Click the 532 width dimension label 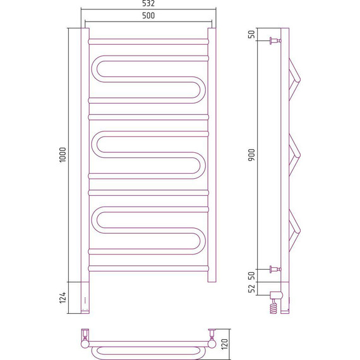pyautogui.click(x=148, y=3)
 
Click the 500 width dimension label pyautogui.click(x=148, y=16)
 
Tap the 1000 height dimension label pyautogui.click(x=63, y=155)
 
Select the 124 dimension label pyautogui.click(x=63, y=297)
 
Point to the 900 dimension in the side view pyautogui.click(x=252, y=155)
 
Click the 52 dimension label pyautogui.click(x=252, y=289)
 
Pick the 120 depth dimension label pyautogui.click(x=224, y=344)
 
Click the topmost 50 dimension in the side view pyautogui.click(x=252, y=34)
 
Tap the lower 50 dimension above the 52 pyautogui.click(x=252, y=275)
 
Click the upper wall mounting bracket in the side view pyautogui.click(x=275, y=41)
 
